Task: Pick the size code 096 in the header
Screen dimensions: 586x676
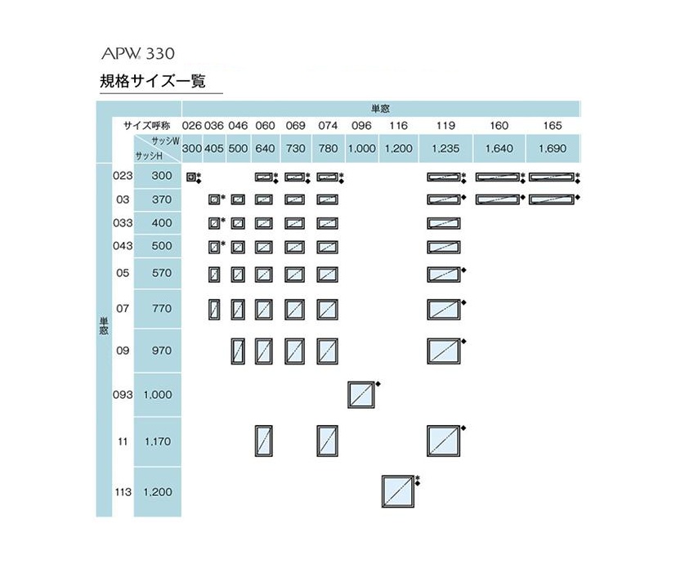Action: [x=361, y=125]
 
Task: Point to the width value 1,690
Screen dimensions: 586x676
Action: [x=553, y=148]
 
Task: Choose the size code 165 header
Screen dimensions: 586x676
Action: [x=553, y=125]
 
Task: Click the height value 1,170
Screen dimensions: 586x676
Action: [x=157, y=441]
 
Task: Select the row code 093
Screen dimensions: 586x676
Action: [x=123, y=394]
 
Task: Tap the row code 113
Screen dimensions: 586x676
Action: [x=123, y=492]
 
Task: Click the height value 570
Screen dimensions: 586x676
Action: [x=162, y=273]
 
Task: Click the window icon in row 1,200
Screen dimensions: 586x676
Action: [x=398, y=491]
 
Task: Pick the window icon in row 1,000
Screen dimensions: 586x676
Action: [x=361, y=395]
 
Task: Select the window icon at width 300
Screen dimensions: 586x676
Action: [x=191, y=177]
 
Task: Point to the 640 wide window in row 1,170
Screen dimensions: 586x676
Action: [x=264, y=441]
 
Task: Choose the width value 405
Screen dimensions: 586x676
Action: [x=214, y=148]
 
